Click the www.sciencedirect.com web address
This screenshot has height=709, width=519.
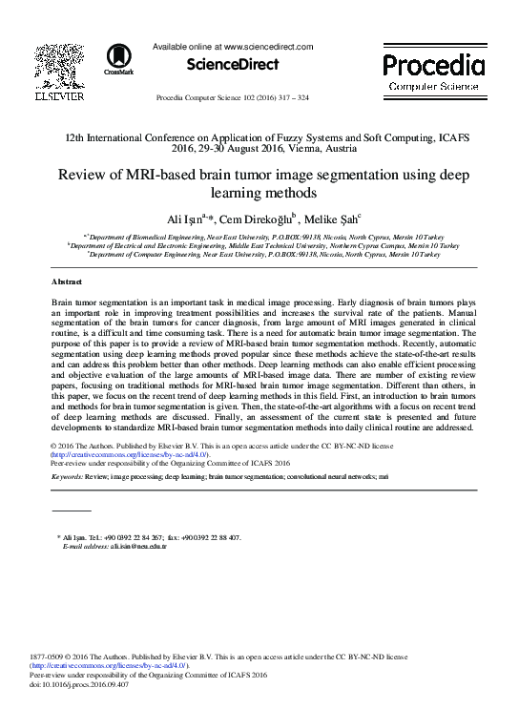269,45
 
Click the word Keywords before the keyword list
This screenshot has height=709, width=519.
69,474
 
